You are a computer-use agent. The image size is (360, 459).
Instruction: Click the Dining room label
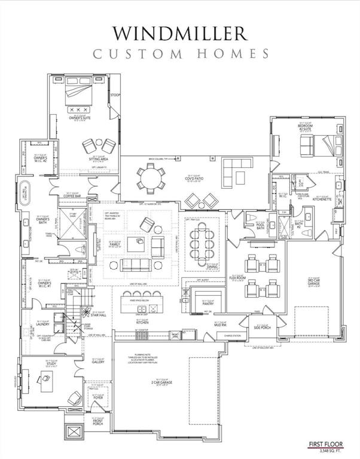click(212, 267)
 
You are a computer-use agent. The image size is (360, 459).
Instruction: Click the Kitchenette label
click(324, 201)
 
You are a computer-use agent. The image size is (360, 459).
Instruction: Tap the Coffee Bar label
click(72, 195)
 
